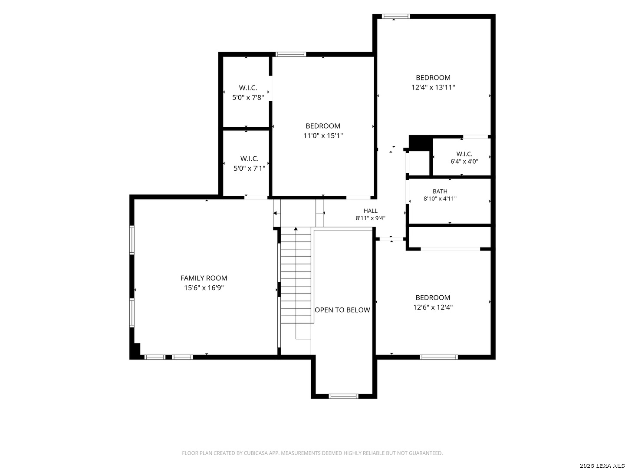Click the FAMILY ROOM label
tap(204, 278)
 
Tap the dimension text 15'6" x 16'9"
tap(204, 287)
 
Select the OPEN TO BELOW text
tap(342, 310)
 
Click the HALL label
tap(370, 211)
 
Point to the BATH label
tap(440, 192)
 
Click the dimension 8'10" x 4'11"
tap(440, 199)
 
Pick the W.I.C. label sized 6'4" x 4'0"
tap(464, 154)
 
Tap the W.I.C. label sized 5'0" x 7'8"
tap(248, 88)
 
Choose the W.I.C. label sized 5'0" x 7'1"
tap(249, 159)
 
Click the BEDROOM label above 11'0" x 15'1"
tap(322, 126)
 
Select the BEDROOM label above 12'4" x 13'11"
tap(433, 77)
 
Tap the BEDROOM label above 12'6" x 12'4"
tap(433, 297)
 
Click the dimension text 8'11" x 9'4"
tap(370, 218)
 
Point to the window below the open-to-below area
tap(343, 396)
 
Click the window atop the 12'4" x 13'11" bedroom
tap(396, 16)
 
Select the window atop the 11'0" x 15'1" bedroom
tap(290, 54)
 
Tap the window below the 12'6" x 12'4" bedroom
tap(438, 357)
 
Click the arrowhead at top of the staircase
tap(296, 229)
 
